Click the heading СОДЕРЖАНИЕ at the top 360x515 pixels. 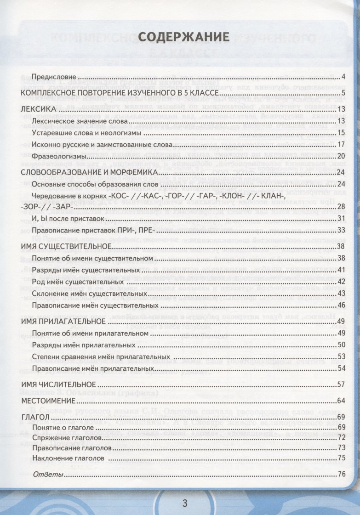point(183,37)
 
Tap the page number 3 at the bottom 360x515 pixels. point(185,503)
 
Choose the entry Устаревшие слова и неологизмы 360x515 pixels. point(86,133)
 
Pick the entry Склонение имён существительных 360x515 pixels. point(90,293)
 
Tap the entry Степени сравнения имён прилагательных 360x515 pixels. point(100,356)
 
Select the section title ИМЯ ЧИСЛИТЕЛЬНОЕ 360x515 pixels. point(58,384)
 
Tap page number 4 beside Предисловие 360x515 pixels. point(343,77)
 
